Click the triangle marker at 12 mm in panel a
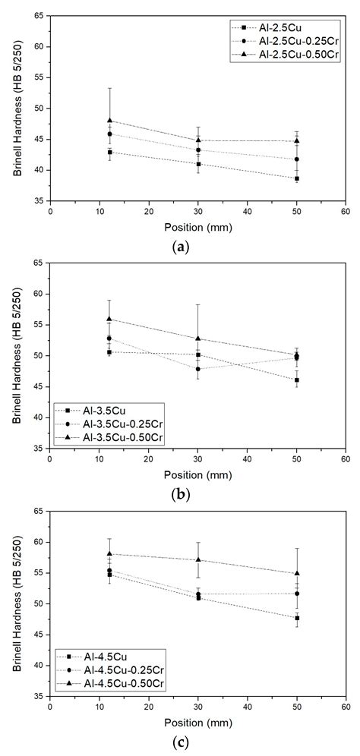click(110, 120)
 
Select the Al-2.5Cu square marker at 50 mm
click(297, 178)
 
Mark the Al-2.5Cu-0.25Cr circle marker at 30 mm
click(198, 150)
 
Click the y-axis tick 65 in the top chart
click(39, 16)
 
